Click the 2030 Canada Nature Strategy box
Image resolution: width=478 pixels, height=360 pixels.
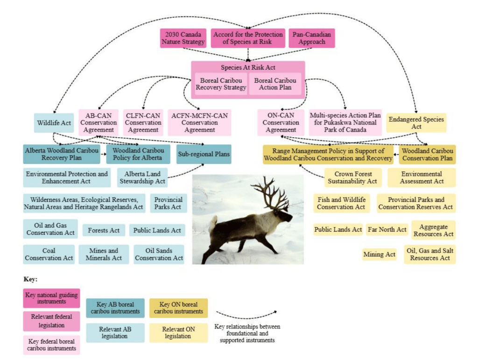click(x=183, y=38)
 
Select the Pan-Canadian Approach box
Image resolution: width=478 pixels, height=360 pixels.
click(x=311, y=38)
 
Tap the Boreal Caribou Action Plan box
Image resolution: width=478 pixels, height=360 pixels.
click(x=275, y=84)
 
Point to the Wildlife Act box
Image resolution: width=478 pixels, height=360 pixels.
click(x=54, y=123)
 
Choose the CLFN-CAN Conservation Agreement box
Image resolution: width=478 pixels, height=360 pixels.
click(x=143, y=122)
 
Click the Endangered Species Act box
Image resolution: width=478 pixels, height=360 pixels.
click(x=416, y=123)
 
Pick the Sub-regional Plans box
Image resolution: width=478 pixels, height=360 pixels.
click(x=204, y=154)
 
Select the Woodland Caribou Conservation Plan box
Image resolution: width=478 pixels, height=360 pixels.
click(x=427, y=154)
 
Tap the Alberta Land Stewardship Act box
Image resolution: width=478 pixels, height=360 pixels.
click(x=142, y=177)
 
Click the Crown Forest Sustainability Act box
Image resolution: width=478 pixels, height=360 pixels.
click(x=353, y=177)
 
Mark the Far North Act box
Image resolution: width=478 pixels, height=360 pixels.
click(x=387, y=230)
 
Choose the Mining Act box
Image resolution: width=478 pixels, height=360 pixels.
click(x=379, y=254)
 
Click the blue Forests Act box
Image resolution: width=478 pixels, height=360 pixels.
click(x=104, y=230)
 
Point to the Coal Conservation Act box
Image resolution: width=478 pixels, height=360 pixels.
click(x=49, y=254)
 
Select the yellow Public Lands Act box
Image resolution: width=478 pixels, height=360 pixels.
click(x=338, y=230)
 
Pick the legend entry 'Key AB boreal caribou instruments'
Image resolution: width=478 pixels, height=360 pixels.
click(x=115, y=308)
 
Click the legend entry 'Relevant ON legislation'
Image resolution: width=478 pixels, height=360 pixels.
click(x=178, y=332)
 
